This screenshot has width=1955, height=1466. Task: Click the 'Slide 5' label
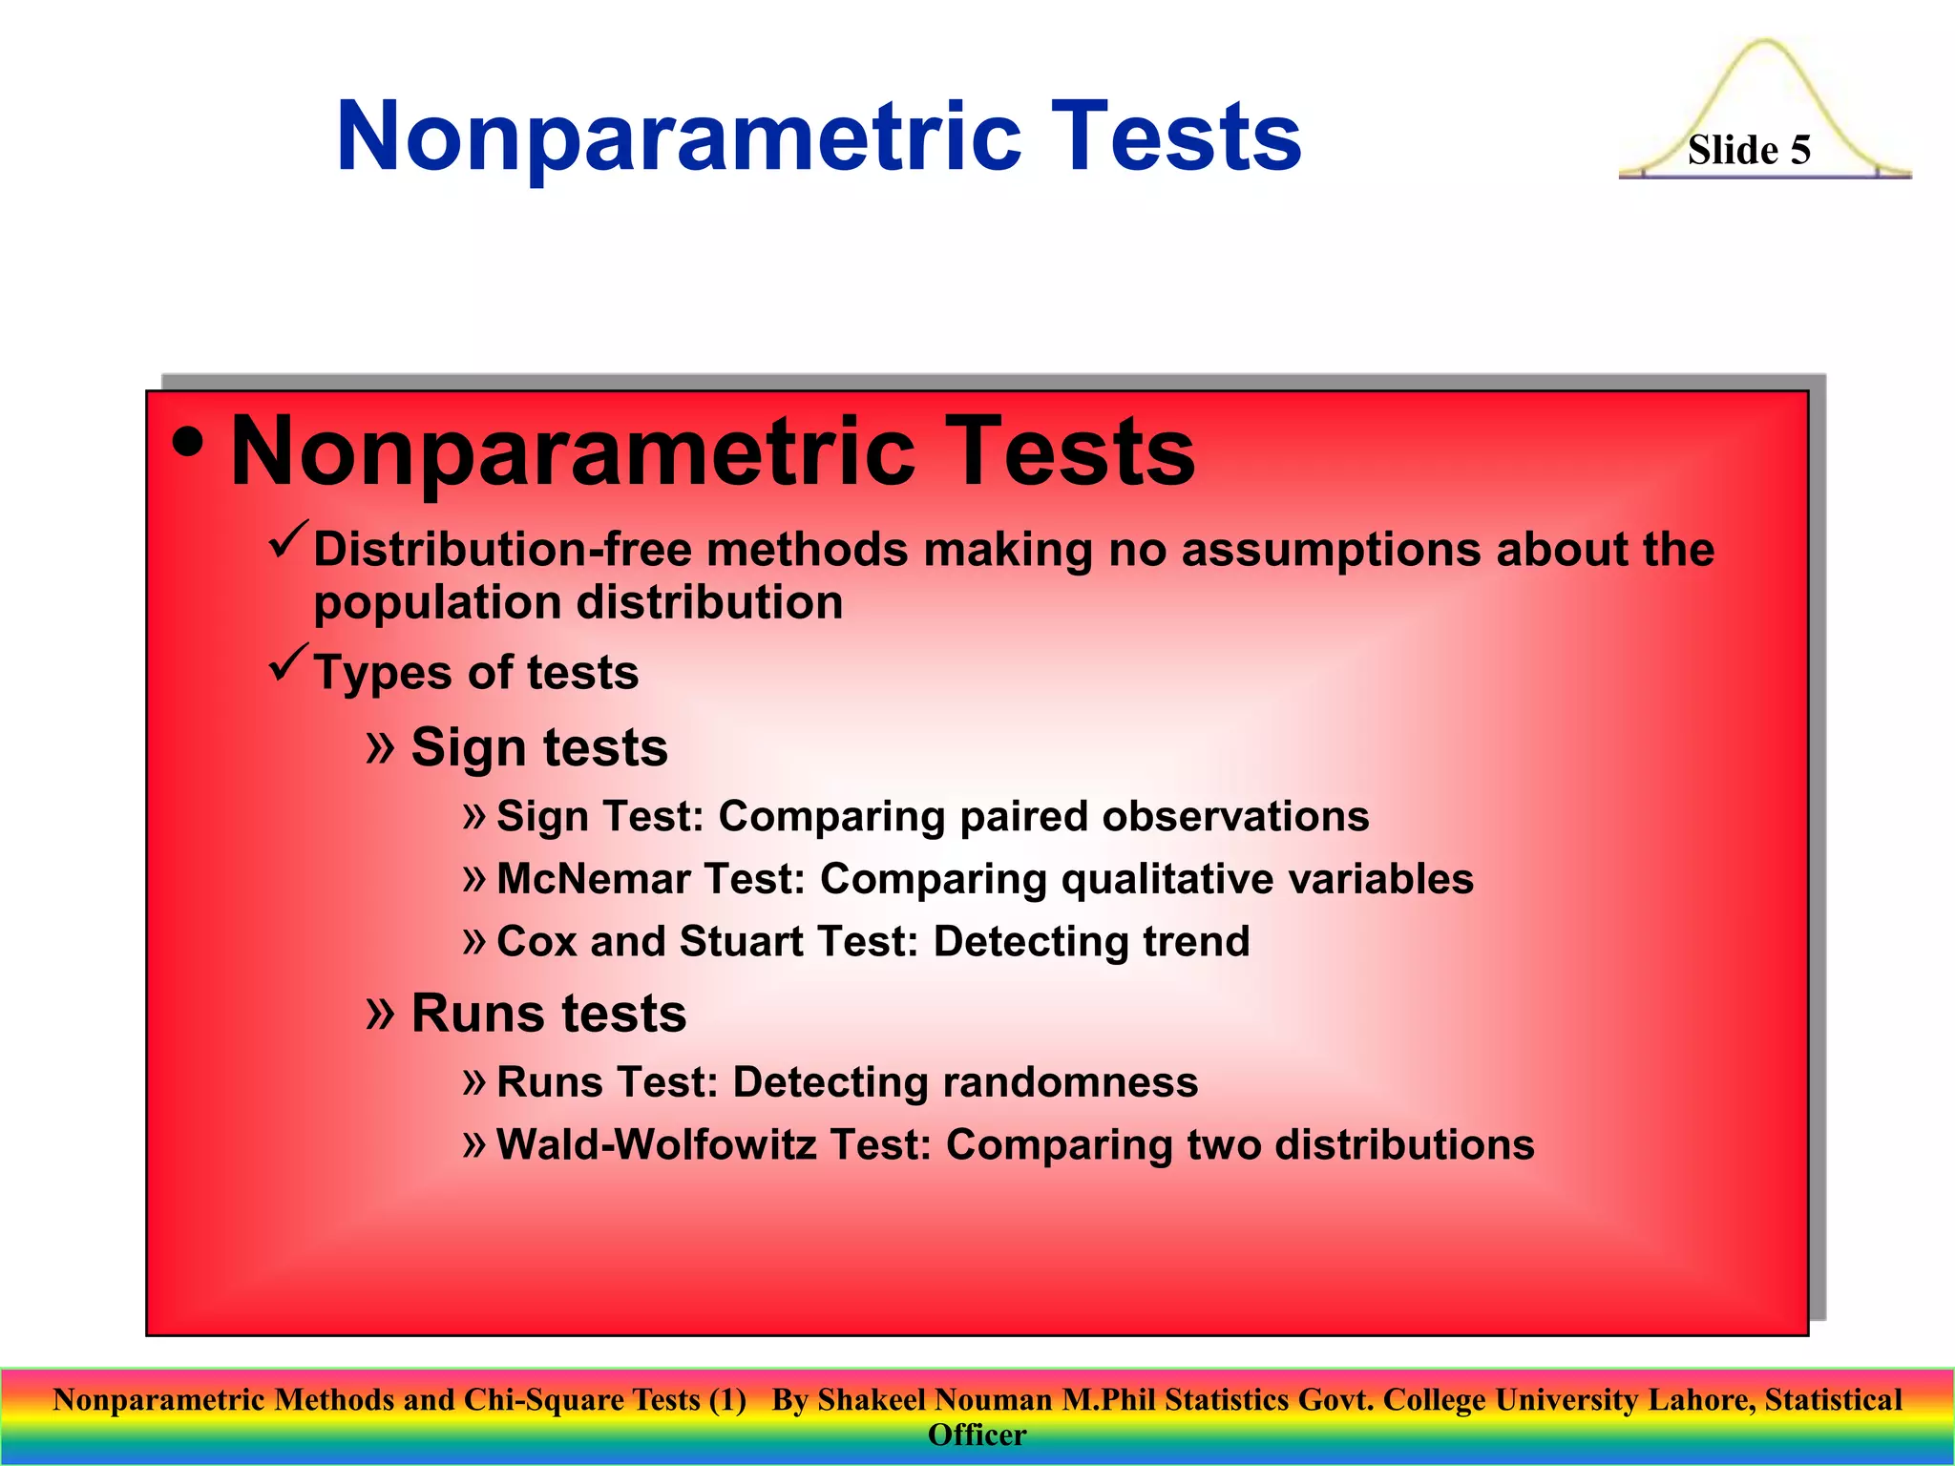pos(1748,150)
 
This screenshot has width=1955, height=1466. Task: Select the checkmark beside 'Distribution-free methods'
pos(288,540)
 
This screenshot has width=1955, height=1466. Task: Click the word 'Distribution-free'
pos(503,550)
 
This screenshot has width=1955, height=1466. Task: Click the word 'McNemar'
pos(592,879)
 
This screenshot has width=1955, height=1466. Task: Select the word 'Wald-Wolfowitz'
pos(656,1144)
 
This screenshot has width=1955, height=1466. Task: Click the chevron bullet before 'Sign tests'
pos(380,747)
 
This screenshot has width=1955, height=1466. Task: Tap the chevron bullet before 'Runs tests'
pos(380,1013)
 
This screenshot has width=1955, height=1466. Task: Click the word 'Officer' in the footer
pos(977,1435)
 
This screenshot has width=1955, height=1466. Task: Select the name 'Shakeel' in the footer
pos(872,1399)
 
